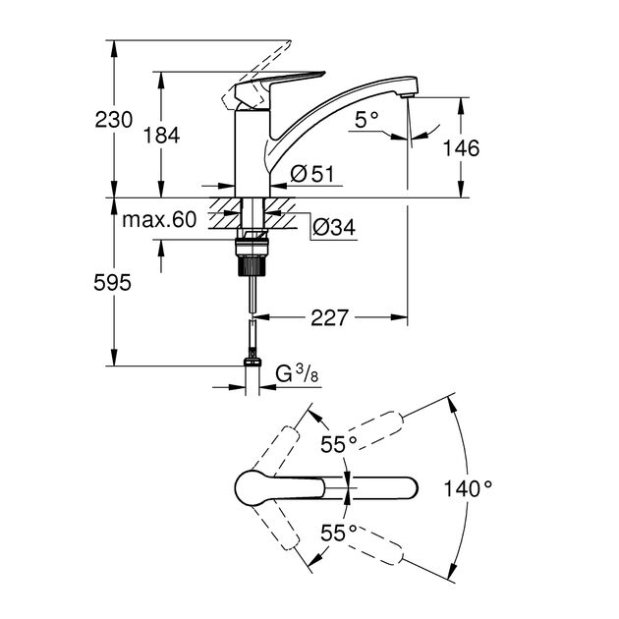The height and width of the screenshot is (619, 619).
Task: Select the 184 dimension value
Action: (x=162, y=136)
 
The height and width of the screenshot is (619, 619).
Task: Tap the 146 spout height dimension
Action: (x=461, y=148)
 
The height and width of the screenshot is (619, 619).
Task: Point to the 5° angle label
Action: (x=366, y=120)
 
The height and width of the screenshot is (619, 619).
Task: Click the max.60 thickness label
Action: (x=159, y=219)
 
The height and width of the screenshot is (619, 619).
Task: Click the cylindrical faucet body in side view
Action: (x=252, y=152)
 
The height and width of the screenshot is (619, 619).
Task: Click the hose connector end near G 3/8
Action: (x=253, y=366)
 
